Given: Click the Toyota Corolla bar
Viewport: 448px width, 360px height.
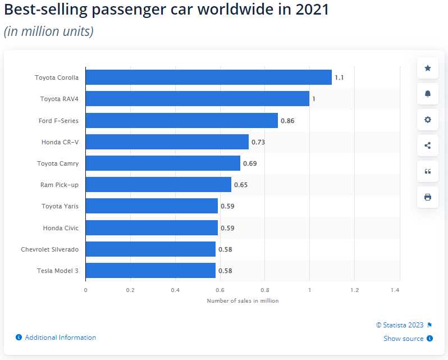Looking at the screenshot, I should coord(208,78).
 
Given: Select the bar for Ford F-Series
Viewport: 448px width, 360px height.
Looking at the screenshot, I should coord(181,120).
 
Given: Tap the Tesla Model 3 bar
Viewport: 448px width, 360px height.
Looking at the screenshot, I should coord(150,271).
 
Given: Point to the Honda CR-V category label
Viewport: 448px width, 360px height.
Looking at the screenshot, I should coord(60,142).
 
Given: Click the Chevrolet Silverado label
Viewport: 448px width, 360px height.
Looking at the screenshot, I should coord(50,249).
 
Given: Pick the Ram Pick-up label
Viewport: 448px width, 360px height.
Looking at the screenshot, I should coord(60,185).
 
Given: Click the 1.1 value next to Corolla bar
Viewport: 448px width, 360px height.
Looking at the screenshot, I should coord(339,78).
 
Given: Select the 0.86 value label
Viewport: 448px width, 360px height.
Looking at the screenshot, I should coord(287,121).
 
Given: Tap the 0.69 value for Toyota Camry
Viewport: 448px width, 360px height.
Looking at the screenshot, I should coord(250,163).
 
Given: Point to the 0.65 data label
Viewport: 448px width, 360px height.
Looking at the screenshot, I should coord(241,185).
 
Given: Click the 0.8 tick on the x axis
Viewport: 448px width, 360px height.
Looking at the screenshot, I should coord(265,290).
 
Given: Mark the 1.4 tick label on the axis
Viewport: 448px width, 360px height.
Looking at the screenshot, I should coord(395,290).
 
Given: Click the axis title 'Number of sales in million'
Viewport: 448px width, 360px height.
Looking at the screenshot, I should coord(243,301).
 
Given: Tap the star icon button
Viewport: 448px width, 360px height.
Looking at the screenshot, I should coord(428,68).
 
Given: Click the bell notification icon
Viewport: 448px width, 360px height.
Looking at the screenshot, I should coord(428,94).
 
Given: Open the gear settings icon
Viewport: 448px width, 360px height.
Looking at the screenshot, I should coord(428,120).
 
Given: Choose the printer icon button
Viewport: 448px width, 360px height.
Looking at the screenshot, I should coord(428,197).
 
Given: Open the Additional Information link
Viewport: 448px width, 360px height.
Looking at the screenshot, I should coord(61,338).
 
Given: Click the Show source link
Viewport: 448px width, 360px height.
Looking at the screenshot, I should coord(404,339).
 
